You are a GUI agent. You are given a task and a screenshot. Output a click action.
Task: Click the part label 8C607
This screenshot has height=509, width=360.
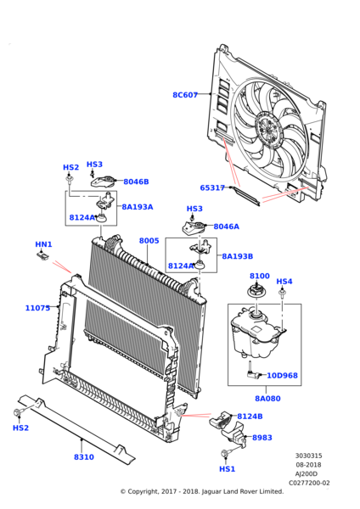coord(185,95)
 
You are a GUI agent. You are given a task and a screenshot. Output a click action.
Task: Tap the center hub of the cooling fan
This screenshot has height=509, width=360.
coord(267,129)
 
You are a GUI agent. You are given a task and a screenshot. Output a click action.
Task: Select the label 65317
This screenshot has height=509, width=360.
coord(212,187)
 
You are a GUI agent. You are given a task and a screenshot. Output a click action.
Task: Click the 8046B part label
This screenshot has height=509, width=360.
coord(136,182)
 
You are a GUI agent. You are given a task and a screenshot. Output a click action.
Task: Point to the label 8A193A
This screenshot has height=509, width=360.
coord(137,207)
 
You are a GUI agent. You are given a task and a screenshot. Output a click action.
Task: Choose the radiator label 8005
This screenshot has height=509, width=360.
coord(149,241)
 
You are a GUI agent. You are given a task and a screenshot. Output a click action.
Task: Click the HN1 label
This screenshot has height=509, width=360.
coord(43,244)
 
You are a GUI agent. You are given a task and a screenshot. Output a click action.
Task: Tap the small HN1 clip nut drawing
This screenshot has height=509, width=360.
coord(42,256)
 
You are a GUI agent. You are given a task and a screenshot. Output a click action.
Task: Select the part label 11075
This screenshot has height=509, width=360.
coord(37,308)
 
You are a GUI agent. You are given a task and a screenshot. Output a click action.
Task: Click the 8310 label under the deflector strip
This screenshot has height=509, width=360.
coord(84,457)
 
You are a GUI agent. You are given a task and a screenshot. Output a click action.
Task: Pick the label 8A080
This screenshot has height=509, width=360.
coord(267,399)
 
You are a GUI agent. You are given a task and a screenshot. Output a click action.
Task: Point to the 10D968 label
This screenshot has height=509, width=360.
coord(282,376)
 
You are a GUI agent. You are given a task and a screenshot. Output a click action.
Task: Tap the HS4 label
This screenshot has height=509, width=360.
coord(284,282)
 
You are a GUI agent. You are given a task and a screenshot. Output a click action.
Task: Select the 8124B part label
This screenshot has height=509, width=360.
coord(250,417)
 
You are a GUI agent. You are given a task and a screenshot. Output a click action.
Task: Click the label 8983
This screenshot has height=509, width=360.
coord(262,438)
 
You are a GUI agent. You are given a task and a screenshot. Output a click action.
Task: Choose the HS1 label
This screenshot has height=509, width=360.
coord(227,469)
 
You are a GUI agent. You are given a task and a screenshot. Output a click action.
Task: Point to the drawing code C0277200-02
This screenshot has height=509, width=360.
coord(309,483)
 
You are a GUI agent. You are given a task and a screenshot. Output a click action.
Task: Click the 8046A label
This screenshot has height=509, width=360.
coord(226,227)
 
